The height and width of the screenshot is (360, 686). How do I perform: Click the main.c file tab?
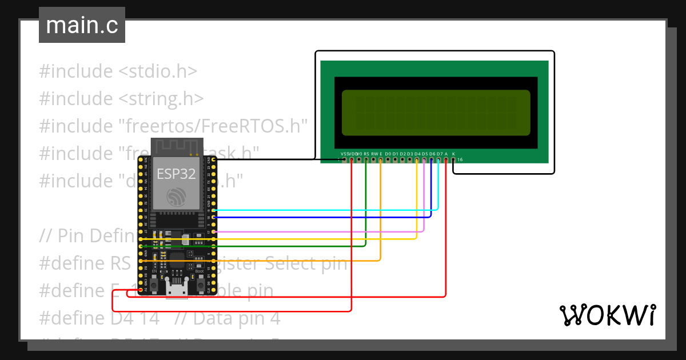pyautogui.click(x=82, y=26)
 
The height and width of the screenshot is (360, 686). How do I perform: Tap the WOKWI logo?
pyautogui.click(x=607, y=315)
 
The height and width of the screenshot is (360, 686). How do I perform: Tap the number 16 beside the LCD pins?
pyautogui.click(x=460, y=160)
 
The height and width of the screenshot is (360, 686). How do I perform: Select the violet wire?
pyautogui.click(x=320, y=231)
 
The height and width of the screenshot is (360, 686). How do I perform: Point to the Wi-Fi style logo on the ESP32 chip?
pyautogui.click(x=177, y=197)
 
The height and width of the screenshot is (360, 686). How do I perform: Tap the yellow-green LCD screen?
pyautogui.click(x=436, y=110)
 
